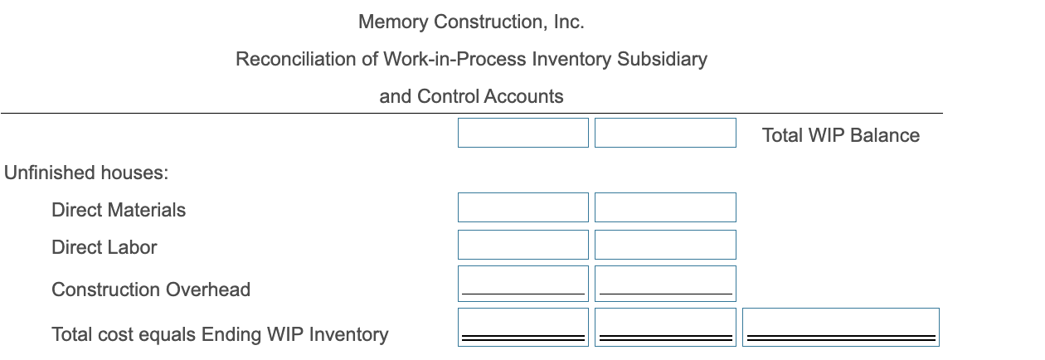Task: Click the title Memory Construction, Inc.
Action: [x=471, y=22]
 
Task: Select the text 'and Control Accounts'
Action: [x=471, y=96]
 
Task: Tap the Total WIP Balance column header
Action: [x=840, y=135]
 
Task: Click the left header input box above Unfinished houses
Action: [x=522, y=133]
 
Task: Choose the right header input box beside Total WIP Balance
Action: [x=665, y=133]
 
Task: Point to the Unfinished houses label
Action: [x=86, y=173]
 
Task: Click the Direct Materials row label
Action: [x=119, y=210]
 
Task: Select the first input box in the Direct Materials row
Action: [x=522, y=207]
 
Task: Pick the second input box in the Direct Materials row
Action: [x=665, y=207]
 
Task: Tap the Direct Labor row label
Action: [x=104, y=247]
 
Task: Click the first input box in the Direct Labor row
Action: [x=522, y=245]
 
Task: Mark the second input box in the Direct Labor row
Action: [x=665, y=245]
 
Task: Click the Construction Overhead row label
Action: [x=151, y=289]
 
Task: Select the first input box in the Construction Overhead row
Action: [x=522, y=283]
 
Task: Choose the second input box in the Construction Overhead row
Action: [x=665, y=283]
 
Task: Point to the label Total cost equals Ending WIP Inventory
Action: [x=220, y=334]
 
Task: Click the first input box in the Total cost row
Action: [x=522, y=326]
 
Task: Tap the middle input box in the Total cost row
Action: [x=665, y=326]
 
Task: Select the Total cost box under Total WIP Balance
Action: [x=841, y=326]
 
